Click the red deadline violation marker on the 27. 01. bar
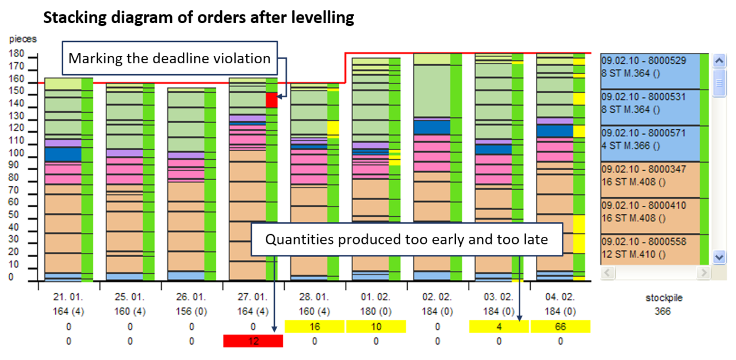pos(271,100)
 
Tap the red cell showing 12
pos(253,341)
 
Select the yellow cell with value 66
pos(561,327)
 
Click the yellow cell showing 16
pos(314,327)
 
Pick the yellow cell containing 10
pos(376,327)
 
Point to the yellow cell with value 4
pos(499,327)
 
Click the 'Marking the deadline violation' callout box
pos(170,58)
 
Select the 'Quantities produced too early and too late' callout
pos(407,239)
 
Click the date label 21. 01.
pos(68,298)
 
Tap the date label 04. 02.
pos(561,298)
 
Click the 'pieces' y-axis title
pos(23,39)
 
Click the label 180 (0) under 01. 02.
pos(376,312)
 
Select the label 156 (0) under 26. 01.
pos(191,312)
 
